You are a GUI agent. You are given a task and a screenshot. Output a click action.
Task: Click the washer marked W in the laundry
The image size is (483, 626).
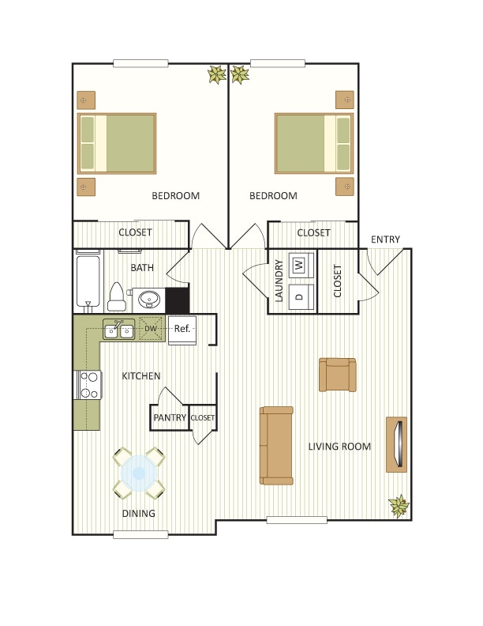[x=299, y=266]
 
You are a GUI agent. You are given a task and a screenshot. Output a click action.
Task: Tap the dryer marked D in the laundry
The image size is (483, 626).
[x=299, y=296]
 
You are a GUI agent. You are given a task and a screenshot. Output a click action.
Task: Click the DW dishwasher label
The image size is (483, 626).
[x=150, y=328]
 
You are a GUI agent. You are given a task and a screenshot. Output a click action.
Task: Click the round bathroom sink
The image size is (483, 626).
[x=148, y=300]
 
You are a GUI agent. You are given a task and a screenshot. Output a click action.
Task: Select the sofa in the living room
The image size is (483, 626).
[x=276, y=445]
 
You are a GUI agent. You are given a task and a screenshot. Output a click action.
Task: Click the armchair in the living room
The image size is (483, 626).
[x=337, y=375]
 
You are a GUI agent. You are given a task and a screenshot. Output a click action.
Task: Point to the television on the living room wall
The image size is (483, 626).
[x=397, y=444]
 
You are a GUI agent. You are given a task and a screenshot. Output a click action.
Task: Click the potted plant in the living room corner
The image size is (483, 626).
[x=399, y=506]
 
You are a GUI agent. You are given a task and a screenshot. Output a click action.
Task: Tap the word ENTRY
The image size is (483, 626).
[x=385, y=239]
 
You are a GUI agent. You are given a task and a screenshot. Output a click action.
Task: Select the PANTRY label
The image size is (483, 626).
[x=170, y=417]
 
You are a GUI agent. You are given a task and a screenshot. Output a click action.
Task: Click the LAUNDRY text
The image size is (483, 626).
[x=279, y=281]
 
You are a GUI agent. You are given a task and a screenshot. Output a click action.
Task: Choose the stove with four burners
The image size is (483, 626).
[x=89, y=385]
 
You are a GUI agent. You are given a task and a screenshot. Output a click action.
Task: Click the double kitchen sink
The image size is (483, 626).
[x=118, y=330]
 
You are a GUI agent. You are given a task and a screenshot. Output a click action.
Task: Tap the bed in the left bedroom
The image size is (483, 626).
[x=117, y=143]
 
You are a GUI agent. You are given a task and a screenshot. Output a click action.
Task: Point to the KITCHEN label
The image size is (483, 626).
[x=141, y=376]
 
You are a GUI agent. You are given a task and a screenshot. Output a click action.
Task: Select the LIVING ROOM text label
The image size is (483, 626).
[x=339, y=447]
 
